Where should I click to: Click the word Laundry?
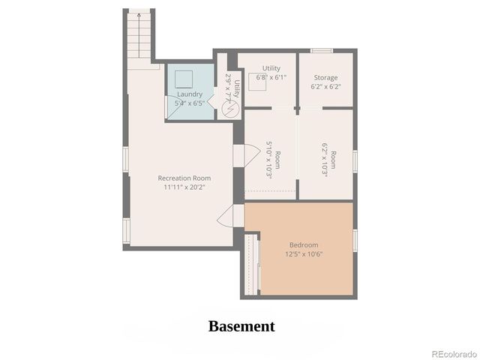[x=189, y=94]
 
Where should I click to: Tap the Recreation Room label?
[x=184, y=178]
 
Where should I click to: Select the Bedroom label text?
[x=304, y=245]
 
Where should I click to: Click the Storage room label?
[x=325, y=77]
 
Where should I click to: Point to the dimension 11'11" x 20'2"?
[x=184, y=187]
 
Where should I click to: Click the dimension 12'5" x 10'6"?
[x=304, y=254]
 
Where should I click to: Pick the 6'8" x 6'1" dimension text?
[x=271, y=77]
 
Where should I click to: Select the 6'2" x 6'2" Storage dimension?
[x=325, y=86]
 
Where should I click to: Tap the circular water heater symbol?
[x=230, y=108]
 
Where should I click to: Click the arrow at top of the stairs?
[x=139, y=14]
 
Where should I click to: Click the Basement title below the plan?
[x=241, y=326]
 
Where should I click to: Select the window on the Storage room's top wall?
[x=322, y=51]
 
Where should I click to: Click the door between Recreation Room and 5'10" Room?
[x=241, y=156]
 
